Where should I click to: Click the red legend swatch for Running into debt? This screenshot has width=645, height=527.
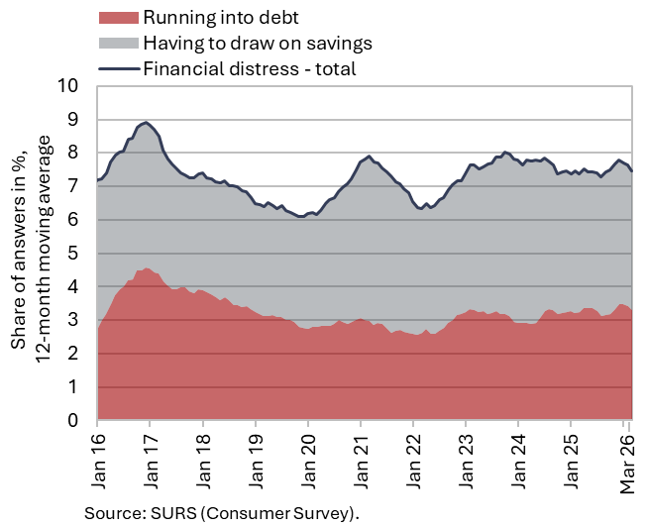coord(119,17)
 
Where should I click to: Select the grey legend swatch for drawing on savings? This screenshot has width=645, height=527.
coord(119,43)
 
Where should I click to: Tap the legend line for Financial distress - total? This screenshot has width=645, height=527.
coord(119,68)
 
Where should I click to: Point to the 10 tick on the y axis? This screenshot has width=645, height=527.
coord(69,86)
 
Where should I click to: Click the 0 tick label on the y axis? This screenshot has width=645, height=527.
coord(74,421)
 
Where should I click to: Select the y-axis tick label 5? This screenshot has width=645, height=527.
coord(74,254)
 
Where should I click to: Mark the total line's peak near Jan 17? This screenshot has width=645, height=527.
coord(147,123)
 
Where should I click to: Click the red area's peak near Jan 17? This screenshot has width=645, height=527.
coord(147,268)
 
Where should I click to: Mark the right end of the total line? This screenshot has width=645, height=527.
coord(632,170)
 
